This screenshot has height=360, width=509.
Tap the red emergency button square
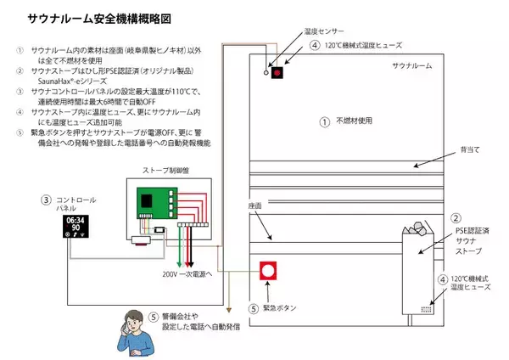coord(269,273)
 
